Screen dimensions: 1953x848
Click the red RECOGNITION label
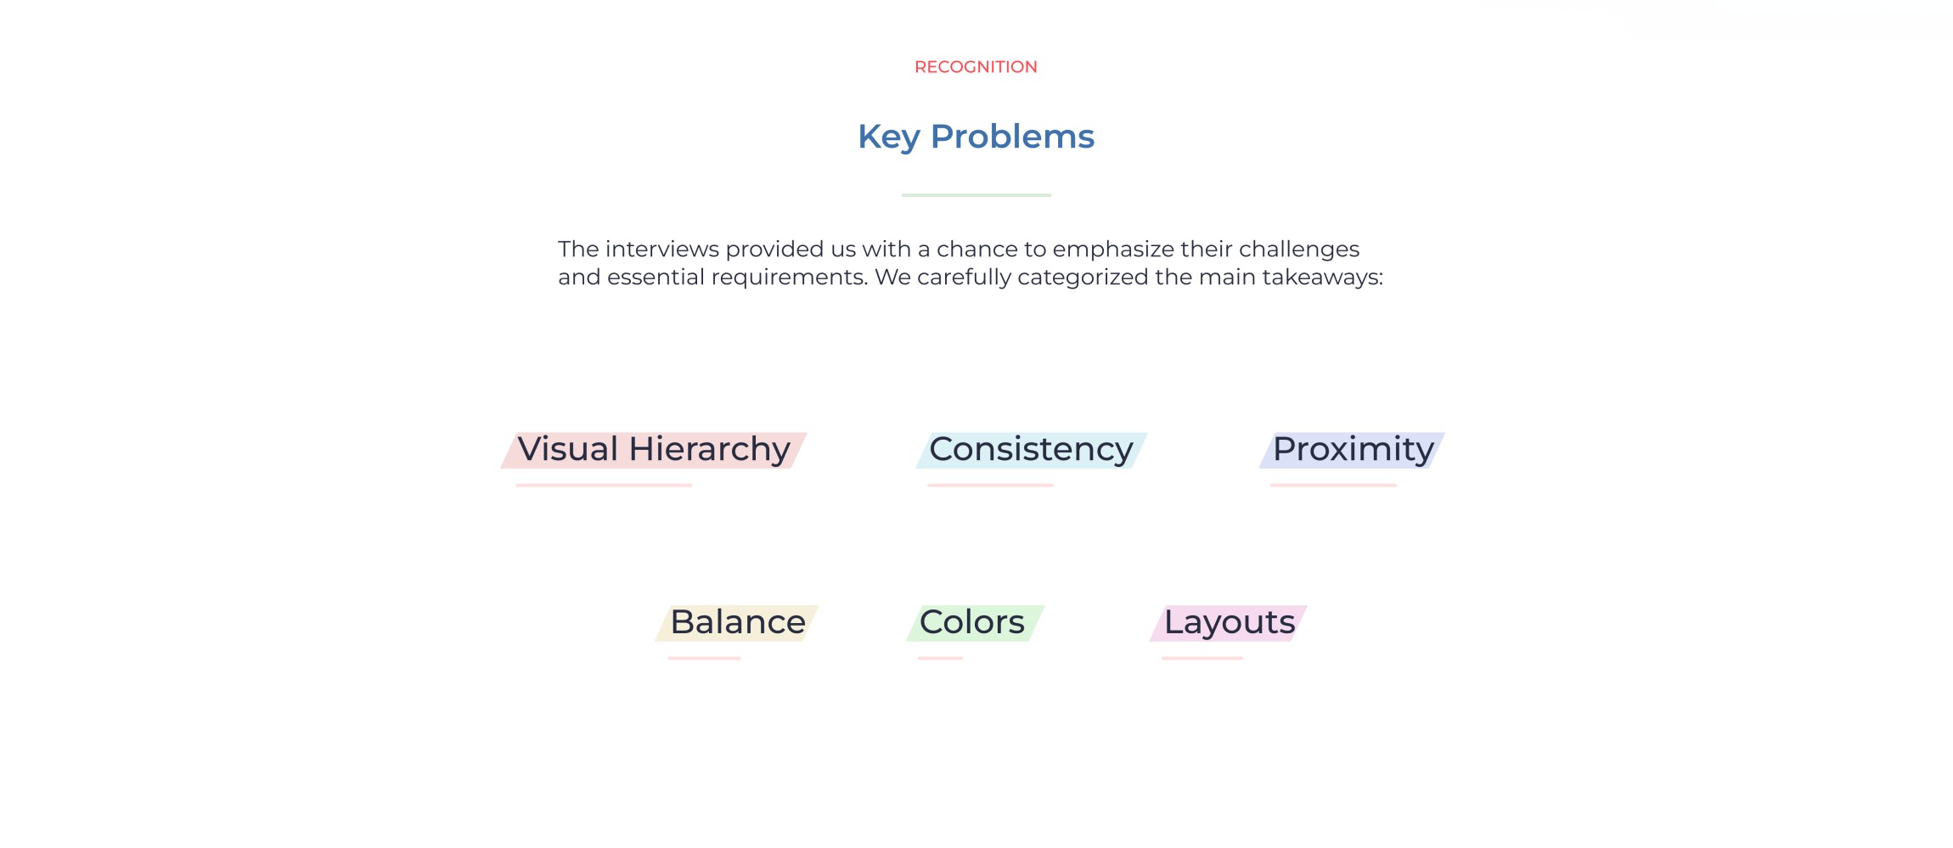(x=976, y=67)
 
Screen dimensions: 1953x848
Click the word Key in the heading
(x=888, y=138)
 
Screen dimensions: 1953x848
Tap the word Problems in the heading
(x=1012, y=137)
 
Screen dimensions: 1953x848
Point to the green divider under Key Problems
(x=976, y=195)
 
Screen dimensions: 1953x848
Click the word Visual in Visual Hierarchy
(x=568, y=449)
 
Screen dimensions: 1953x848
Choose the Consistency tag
(x=1032, y=450)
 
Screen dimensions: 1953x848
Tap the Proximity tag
(x=1352, y=450)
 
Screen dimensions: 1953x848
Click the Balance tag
(x=737, y=623)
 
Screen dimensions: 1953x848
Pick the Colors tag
(x=975, y=623)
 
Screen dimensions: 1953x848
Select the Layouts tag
(x=1228, y=623)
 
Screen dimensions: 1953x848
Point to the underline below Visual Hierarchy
(x=604, y=486)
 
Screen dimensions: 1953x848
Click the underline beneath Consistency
(x=990, y=486)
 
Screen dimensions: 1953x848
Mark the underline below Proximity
(x=1333, y=486)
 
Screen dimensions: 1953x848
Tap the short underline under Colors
(x=940, y=658)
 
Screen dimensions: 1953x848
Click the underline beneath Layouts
(x=1202, y=658)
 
